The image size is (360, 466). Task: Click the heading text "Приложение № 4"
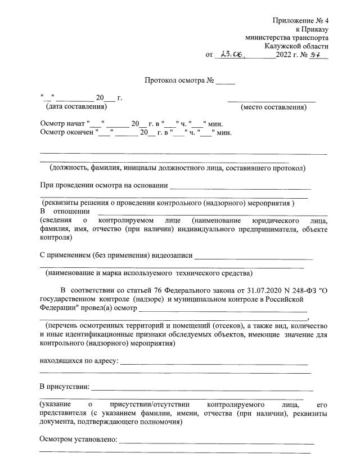300,21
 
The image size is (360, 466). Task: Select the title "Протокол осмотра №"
178,80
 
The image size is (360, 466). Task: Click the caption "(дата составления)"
76,106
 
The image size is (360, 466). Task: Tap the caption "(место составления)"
273,107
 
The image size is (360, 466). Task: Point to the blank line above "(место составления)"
272,100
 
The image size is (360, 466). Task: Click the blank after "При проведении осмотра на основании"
240,187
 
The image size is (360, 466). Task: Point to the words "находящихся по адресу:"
78,361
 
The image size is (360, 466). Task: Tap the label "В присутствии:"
64,387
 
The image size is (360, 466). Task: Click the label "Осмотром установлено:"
78,440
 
